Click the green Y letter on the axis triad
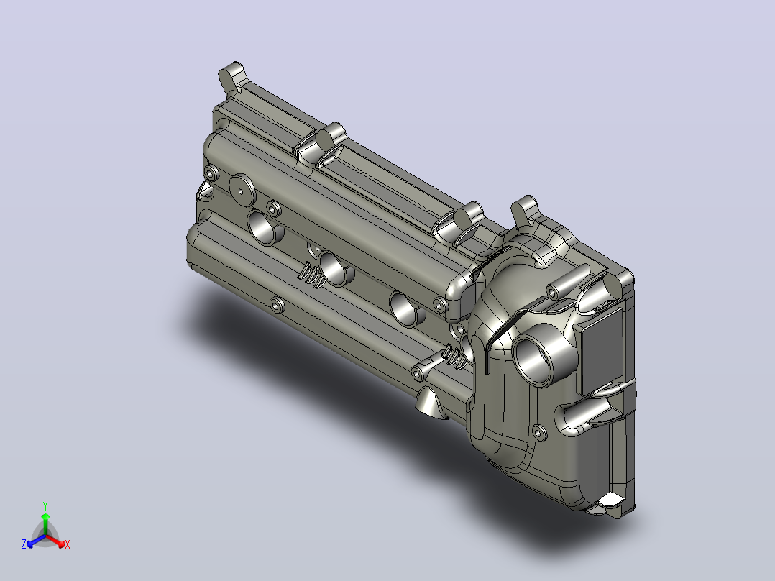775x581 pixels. click(45, 505)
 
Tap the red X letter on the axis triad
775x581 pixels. click(68, 544)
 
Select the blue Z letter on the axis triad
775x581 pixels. click(24, 544)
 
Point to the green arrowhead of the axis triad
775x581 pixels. click(45, 516)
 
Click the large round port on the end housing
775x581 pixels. click(536, 355)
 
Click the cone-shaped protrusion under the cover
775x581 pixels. click(429, 402)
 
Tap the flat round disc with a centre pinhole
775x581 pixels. click(242, 191)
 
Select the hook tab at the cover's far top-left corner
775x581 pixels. click(233, 77)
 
